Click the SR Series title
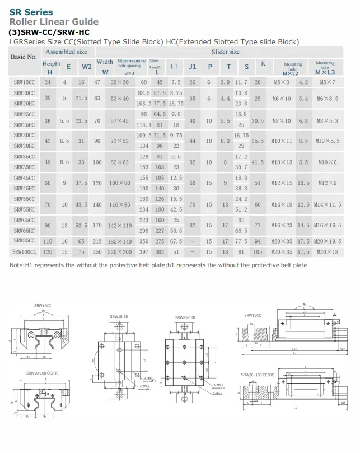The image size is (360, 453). (31, 12)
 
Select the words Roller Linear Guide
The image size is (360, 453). (53, 22)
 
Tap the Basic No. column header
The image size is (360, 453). (24, 57)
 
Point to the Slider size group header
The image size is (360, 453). (225, 52)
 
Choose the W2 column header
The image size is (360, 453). (87, 67)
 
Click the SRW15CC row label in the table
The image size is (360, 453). (24, 82)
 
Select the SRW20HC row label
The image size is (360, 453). (24, 103)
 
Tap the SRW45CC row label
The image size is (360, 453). (24, 178)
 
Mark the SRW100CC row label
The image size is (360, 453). (24, 252)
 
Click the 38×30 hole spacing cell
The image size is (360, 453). (120, 82)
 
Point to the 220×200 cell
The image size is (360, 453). (120, 252)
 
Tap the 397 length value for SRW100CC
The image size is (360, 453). (144, 252)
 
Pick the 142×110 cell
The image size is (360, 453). (120, 225)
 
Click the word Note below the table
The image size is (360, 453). (17, 265)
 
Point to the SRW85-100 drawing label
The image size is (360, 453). (185, 317)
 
